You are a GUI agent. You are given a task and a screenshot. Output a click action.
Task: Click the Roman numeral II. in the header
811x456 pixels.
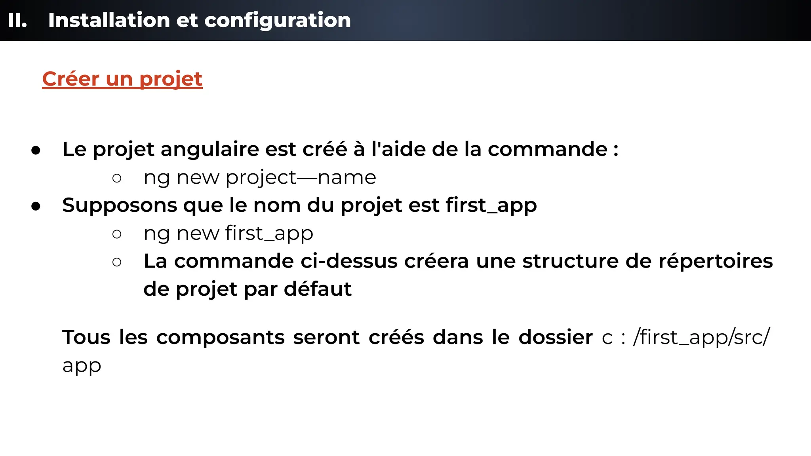pyautogui.click(x=17, y=20)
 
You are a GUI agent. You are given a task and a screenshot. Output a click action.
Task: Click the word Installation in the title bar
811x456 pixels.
pyautogui.click(x=109, y=20)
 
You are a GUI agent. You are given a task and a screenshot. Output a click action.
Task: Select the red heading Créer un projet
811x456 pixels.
pyautogui.click(x=122, y=79)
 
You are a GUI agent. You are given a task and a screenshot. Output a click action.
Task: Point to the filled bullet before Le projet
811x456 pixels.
pyautogui.click(x=36, y=150)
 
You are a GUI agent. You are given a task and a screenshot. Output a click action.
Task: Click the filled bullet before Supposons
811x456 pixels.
pyautogui.click(x=36, y=206)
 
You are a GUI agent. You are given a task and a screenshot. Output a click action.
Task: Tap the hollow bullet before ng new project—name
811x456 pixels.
pyautogui.click(x=117, y=178)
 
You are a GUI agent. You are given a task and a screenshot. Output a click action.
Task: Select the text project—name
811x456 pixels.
pyautogui.click(x=301, y=177)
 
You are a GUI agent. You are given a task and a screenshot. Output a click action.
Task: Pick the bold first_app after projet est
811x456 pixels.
pyautogui.click(x=491, y=205)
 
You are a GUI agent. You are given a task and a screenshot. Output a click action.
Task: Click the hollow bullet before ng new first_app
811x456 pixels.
pyautogui.click(x=117, y=234)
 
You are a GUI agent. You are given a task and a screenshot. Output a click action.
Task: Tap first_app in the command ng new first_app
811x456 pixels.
pyautogui.click(x=269, y=233)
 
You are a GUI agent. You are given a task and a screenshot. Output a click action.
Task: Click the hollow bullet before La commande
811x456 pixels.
pyautogui.click(x=117, y=262)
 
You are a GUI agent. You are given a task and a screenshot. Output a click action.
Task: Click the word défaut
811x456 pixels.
pyautogui.click(x=318, y=289)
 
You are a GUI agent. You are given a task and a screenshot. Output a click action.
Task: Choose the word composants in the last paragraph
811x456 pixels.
pyautogui.click(x=221, y=337)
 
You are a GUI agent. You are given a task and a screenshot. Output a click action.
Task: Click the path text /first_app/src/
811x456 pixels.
pyautogui.click(x=701, y=337)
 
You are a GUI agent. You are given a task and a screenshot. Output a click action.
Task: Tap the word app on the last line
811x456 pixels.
pyautogui.click(x=82, y=366)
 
